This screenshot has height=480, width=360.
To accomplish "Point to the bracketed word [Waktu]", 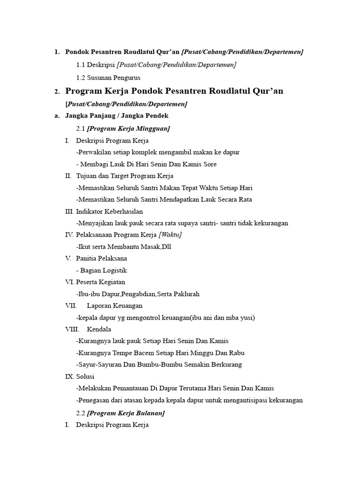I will click(171, 234).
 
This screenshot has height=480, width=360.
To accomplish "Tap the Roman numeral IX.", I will click(69, 376).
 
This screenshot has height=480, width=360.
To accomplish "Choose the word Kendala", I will click(99, 330).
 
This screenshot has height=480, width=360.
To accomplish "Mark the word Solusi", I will click(86, 376).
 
